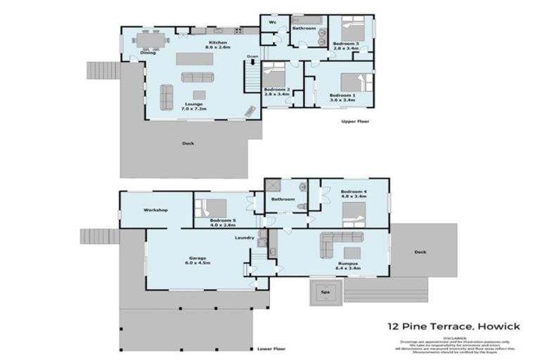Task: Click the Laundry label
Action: (244, 238)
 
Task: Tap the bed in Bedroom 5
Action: (214, 207)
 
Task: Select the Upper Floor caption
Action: (355, 122)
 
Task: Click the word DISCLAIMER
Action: (456, 337)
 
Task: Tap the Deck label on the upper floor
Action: (188, 143)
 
